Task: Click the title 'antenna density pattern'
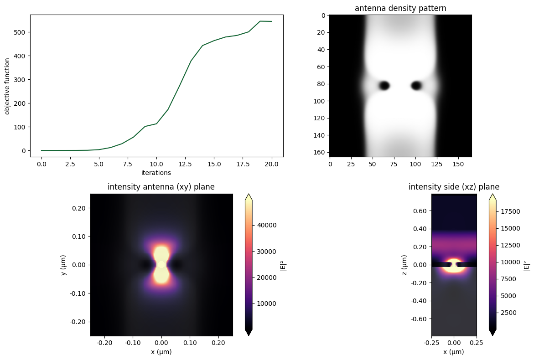(x=400, y=8)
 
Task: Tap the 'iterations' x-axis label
(x=156, y=173)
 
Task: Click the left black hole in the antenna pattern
(x=384, y=85)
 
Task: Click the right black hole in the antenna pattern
(x=416, y=85)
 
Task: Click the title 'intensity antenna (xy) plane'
(x=161, y=187)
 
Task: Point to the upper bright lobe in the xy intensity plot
(x=161, y=253)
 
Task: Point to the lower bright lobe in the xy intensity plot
(x=161, y=275)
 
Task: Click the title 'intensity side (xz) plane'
(x=454, y=187)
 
